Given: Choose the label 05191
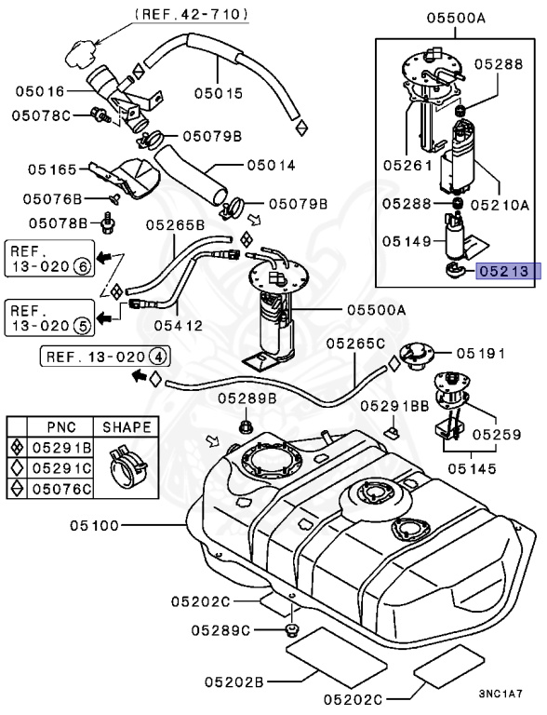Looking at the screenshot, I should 481,354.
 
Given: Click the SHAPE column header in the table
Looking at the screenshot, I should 126,427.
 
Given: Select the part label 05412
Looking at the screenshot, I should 180,325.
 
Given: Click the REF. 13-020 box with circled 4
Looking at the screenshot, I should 105,356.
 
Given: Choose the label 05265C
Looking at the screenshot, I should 355,344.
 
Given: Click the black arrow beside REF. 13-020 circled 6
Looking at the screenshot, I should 110,255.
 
